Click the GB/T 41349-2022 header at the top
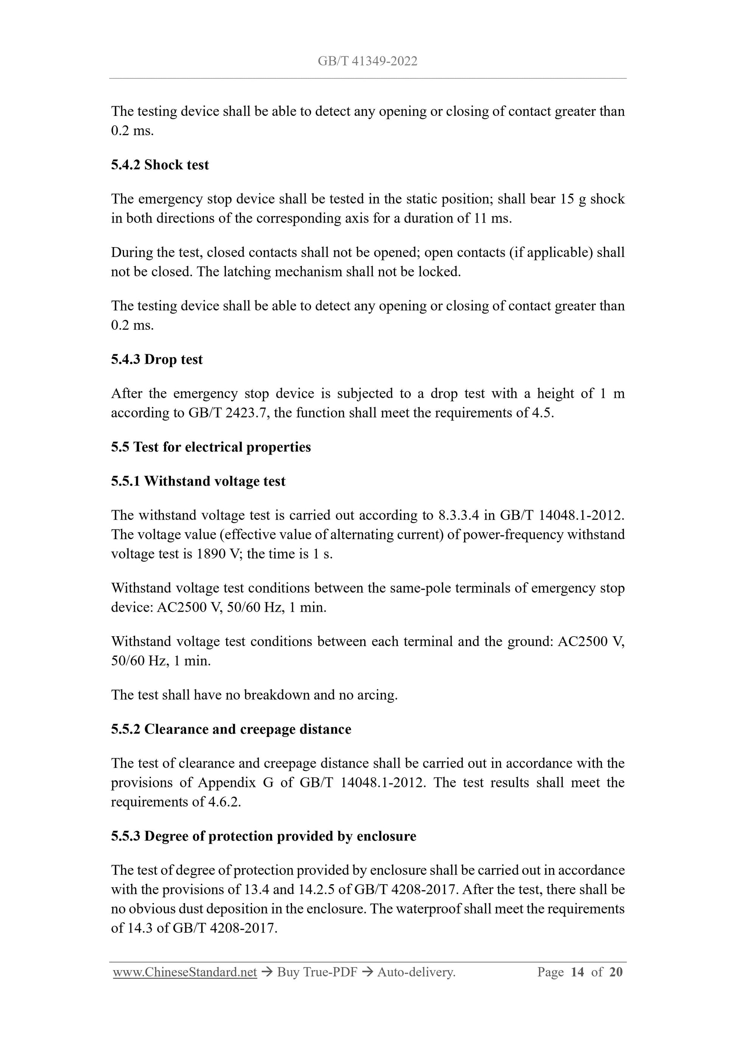(367, 61)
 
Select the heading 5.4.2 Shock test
(160, 165)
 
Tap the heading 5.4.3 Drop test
(157, 360)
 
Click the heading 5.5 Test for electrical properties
(211, 447)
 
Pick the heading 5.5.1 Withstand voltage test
(198, 481)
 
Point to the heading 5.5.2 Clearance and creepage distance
(231, 729)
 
